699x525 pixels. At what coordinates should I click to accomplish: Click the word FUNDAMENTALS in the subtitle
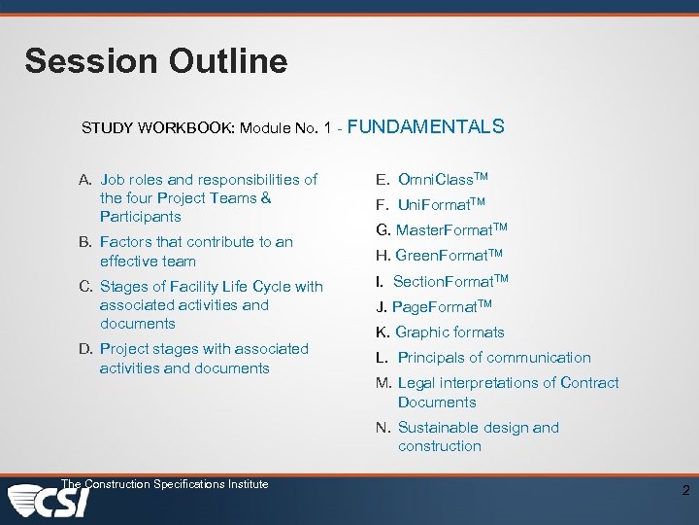point(425,126)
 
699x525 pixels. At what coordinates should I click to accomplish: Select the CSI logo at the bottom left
point(50,503)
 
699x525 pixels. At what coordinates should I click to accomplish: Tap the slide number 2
point(685,491)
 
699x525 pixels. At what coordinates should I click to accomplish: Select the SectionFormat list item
point(442,282)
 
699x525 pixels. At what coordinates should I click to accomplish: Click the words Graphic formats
point(440,332)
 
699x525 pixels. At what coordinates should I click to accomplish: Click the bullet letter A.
point(85,180)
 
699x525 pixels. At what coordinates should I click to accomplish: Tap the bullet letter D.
point(85,349)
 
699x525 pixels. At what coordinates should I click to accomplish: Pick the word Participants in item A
point(140,217)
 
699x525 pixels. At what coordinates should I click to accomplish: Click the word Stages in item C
point(124,286)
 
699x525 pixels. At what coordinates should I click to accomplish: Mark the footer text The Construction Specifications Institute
point(164,484)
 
